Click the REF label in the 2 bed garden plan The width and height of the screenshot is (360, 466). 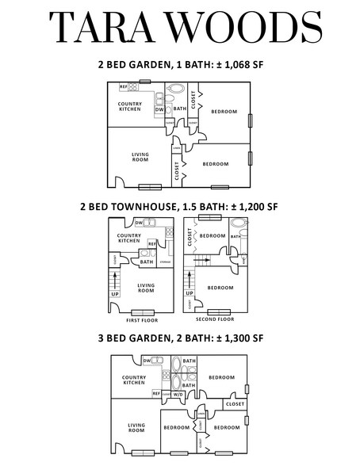pyautogui.click(x=124, y=86)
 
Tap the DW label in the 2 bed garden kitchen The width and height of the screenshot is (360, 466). pyautogui.click(x=169, y=109)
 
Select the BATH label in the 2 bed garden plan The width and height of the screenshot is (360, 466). pyautogui.click(x=180, y=109)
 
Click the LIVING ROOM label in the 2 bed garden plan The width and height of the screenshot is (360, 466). pyautogui.click(x=140, y=157)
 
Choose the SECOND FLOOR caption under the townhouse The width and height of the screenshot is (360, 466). pyautogui.click(x=214, y=319)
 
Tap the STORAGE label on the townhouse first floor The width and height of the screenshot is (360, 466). pyautogui.click(x=165, y=262)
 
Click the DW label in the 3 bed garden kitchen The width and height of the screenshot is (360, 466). pyautogui.click(x=147, y=361)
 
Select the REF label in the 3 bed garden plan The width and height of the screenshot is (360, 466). pyautogui.click(x=156, y=393)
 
